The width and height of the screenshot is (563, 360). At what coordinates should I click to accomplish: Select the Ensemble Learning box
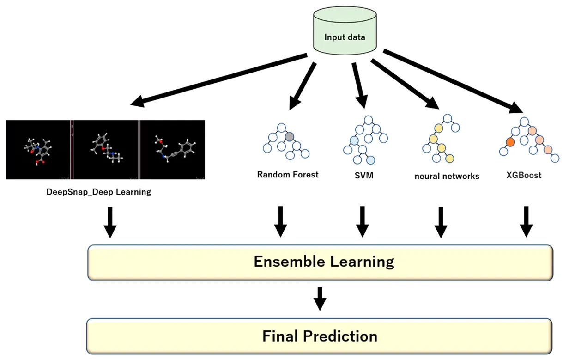(x=320, y=262)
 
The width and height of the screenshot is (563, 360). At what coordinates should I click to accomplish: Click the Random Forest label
(x=288, y=175)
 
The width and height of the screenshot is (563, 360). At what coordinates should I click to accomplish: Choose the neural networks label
(x=447, y=176)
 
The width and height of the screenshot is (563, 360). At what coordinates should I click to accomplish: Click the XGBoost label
(x=523, y=176)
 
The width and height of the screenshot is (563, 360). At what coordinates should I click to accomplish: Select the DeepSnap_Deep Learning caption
(x=99, y=191)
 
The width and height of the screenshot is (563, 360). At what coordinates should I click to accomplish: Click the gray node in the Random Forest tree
(x=289, y=137)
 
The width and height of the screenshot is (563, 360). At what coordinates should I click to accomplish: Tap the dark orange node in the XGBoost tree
(x=510, y=142)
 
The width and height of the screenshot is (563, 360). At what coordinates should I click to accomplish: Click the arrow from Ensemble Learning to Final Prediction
(x=320, y=299)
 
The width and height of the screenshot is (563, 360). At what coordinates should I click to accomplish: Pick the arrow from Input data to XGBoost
(x=453, y=81)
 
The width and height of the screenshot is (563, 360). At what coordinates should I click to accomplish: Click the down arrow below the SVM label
(x=363, y=221)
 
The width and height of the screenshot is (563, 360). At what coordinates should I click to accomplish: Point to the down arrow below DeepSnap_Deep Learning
(x=110, y=222)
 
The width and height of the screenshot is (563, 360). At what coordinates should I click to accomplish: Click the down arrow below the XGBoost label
(x=526, y=221)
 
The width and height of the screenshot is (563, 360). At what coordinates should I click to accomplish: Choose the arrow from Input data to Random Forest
(x=303, y=86)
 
